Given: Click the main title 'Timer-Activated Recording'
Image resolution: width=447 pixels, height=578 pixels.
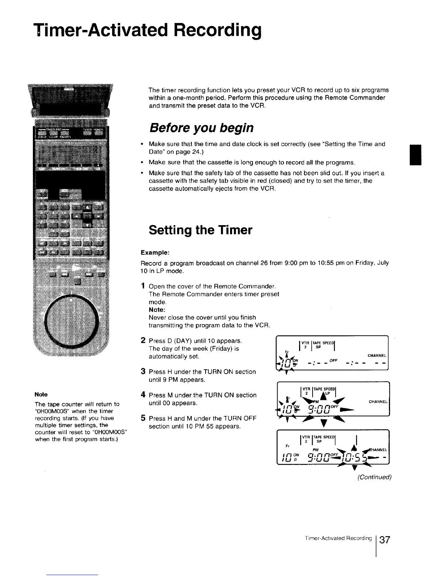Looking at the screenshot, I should pos(147,31).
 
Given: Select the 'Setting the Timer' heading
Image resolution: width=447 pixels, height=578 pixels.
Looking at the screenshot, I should pos(200,230).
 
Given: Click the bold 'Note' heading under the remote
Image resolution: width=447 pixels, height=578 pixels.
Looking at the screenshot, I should pos(41,394).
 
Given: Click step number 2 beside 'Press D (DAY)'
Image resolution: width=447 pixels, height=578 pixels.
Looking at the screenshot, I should pos(144,341).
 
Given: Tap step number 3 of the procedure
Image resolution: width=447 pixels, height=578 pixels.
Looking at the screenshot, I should pos(144,371).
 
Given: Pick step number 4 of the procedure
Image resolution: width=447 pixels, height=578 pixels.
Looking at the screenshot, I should pos(144,395).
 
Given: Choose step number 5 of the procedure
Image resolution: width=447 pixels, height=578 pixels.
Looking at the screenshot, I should pos(144,418).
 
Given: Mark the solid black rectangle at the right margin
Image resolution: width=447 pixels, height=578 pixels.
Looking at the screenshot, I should pos(416,155).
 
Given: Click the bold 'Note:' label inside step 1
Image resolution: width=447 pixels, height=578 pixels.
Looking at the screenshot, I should pos(157,310).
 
